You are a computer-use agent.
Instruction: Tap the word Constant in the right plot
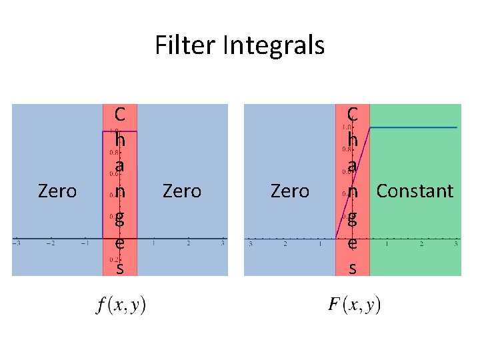pos(415,191)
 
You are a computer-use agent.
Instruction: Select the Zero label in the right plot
pos(290,192)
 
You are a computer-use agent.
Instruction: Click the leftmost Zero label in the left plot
pos(57,192)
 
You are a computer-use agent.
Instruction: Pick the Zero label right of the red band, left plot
pos(181,192)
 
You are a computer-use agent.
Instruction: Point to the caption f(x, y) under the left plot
pos(121,305)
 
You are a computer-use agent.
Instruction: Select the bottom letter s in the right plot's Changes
pos(353,269)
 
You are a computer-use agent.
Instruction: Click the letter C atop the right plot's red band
pos(353,115)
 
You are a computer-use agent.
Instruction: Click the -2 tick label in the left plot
pos(50,245)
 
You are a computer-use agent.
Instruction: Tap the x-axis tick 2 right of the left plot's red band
pos(189,245)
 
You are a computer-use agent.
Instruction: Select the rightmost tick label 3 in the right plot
pos(455,245)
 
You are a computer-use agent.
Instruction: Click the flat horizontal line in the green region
pos(413,127)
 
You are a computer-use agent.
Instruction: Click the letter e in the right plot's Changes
pos(353,243)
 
